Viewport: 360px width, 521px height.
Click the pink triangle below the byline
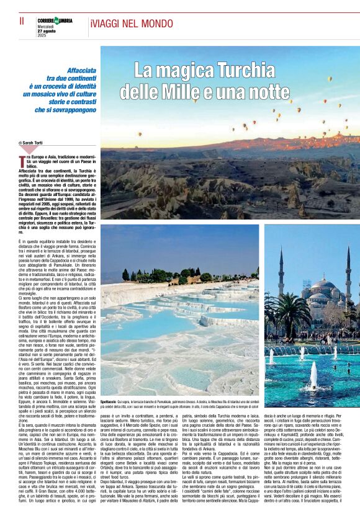point(30,150)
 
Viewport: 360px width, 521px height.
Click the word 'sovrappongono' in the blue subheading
point(76,109)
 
